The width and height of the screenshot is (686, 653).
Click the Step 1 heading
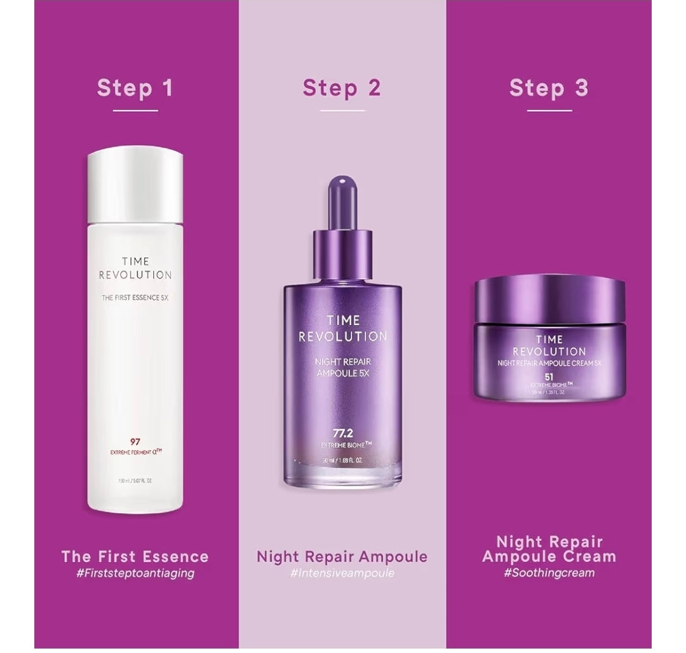[x=135, y=88]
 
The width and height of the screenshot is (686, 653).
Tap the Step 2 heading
[x=342, y=88]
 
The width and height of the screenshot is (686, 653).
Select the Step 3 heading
[x=549, y=88]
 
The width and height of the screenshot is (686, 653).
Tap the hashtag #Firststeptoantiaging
[x=135, y=573]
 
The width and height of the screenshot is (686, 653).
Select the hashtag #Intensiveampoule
[x=342, y=573]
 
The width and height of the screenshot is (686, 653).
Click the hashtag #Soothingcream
[x=549, y=573]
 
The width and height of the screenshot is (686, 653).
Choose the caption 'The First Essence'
[x=135, y=556]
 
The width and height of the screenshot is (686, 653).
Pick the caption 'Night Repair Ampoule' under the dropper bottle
[x=342, y=556]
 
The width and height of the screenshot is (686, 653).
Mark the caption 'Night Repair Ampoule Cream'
[x=549, y=549]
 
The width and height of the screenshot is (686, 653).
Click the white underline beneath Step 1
[x=135, y=111]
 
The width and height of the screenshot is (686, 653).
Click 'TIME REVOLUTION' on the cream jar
[x=549, y=345]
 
